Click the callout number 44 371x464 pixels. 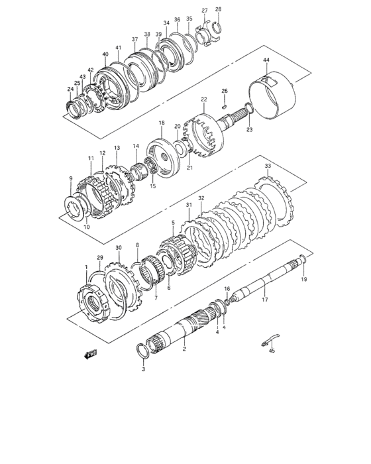coord(265,60)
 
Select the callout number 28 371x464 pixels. coord(219,9)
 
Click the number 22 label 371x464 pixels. coord(203,99)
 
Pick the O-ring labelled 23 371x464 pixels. coord(248,109)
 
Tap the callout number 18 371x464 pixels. coord(161,123)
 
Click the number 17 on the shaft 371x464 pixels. coord(264,300)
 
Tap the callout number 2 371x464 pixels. coord(184,349)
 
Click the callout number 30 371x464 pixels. coord(119,248)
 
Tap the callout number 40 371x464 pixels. coord(105,54)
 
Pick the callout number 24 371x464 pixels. coord(70,89)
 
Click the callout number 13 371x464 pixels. coord(117,148)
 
